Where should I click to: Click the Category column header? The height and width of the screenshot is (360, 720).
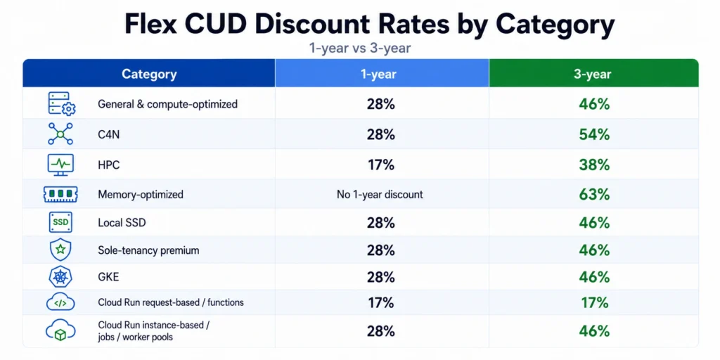pyautogui.click(x=149, y=75)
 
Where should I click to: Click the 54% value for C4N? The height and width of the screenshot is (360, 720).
pyautogui.click(x=594, y=134)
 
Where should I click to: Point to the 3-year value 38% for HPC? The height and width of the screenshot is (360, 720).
pyautogui.click(x=594, y=165)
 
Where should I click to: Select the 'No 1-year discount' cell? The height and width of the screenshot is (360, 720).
pyautogui.click(x=380, y=195)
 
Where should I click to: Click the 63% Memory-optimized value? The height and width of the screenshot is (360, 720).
pyautogui.click(x=594, y=195)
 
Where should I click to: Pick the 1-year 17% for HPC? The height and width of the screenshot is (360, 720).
pyautogui.click(x=380, y=165)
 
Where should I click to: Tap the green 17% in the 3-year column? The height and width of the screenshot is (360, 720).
pyautogui.click(x=594, y=302)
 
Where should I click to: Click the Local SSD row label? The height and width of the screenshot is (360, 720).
pyautogui.click(x=122, y=223)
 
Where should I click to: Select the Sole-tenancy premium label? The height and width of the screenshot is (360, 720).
pyautogui.click(x=148, y=251)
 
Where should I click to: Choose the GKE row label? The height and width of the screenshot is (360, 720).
pyautogui.click(x=108, y=277)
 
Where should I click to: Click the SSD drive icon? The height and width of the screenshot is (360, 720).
pyautogui.click(x=60, y=222)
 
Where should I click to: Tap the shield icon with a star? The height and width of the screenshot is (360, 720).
pyautogui.click(x=60, y=250)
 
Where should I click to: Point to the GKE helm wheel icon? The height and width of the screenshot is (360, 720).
pyautogui.click(x=60, y=277)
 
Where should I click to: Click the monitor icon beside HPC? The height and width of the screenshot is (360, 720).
pyautogui.click(x=60, y=165)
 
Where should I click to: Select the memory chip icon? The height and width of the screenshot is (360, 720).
pyautogui.click(x=60, y=194)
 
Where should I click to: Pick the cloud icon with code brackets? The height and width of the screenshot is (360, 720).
pyautogui.click(x=60, y=302)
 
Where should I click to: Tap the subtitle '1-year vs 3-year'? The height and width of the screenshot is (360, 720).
pyautogui.click(x=360, y=49)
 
